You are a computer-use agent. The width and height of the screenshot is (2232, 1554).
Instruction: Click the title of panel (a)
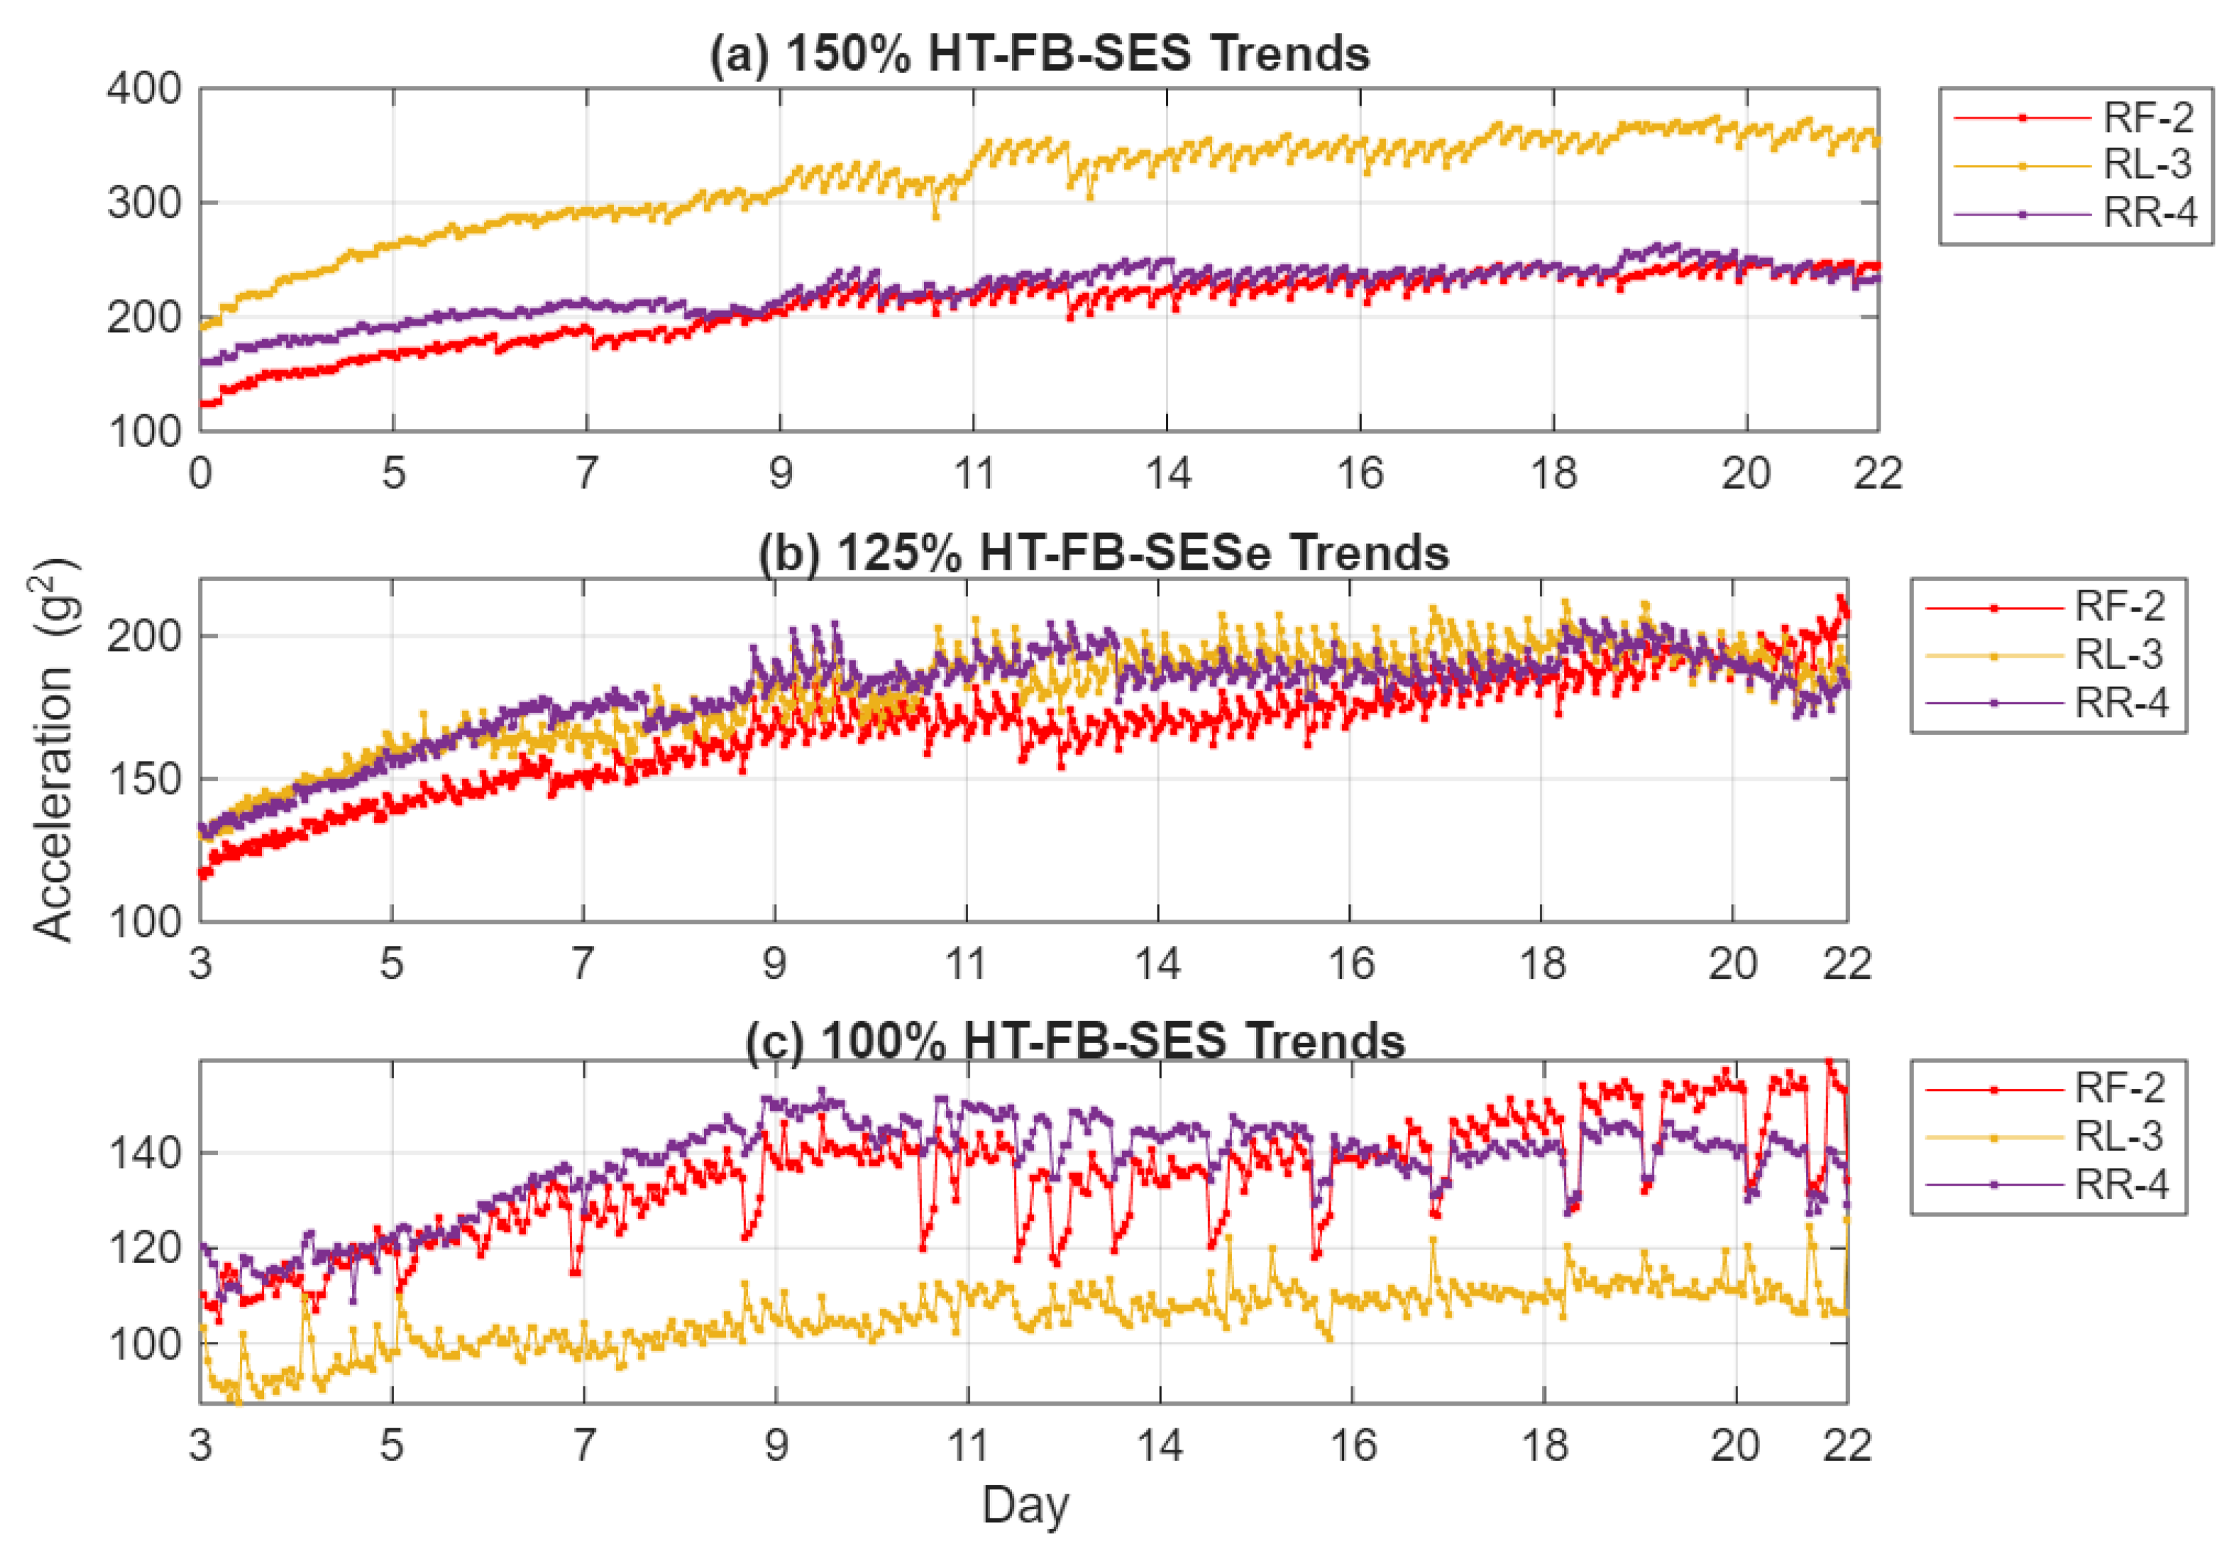pos(1038,53)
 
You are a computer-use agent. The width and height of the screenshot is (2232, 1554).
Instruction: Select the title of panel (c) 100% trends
pos(1074,1041)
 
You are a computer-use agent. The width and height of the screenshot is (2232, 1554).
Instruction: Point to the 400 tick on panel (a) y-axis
pos(144,89)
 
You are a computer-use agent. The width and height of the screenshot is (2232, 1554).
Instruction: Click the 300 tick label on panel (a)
pos(144,203)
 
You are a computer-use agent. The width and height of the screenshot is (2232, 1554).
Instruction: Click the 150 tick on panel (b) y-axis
pos(144,779)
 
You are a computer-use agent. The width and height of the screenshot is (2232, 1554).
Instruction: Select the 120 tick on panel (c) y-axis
pos(144,1249)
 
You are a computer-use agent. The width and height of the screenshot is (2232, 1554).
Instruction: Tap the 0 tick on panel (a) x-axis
pos(200,474)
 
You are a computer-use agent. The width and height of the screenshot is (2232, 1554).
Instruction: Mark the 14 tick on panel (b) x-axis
pos(1157,964)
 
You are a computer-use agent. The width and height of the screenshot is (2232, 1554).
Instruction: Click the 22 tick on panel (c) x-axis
pos(1846,1446)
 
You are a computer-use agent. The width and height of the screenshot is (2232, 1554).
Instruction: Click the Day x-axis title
pos(1025,1506)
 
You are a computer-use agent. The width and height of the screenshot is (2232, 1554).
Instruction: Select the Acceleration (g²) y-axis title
pos(53,749)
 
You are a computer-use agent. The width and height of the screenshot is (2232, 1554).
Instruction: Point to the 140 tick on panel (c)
pos(144,1154)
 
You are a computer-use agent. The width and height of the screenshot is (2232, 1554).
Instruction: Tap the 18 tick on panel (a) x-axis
pos(1553,474)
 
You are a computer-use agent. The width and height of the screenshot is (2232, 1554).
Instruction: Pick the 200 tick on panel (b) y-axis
pos(144,637)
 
